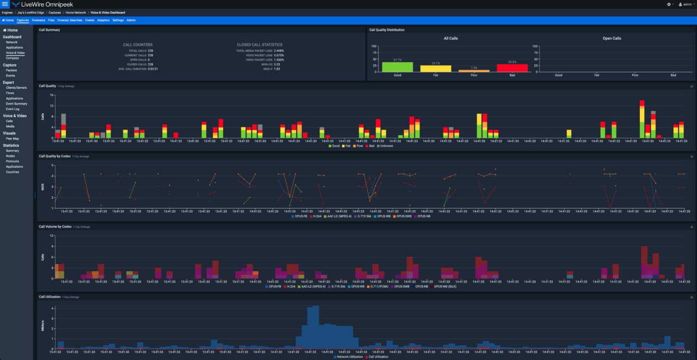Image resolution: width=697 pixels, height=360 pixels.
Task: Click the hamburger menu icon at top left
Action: pos(5,4)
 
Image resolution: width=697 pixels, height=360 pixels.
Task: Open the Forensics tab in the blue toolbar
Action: pos(39,20)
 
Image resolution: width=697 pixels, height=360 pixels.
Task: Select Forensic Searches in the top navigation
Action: pos(70,20)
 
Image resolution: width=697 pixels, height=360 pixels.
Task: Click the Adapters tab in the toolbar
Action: pos(103,20)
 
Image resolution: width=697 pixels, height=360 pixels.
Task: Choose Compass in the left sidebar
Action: pos(13,58)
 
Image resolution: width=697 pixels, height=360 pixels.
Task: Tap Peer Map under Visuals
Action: pos(13,138)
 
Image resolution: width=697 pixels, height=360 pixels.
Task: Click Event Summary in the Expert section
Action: pos(17,103)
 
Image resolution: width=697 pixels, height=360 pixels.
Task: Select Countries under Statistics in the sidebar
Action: pos(13,172)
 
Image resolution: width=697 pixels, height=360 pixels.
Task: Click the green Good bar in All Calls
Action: pos(398,67)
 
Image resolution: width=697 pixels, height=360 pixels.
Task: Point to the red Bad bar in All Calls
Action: pos(512,68)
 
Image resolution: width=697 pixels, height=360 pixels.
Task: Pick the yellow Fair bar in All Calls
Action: pos(436,69)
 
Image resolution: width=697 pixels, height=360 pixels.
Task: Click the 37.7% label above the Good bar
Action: pos(398,60)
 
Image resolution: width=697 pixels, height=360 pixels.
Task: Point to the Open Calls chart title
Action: pos(612,39)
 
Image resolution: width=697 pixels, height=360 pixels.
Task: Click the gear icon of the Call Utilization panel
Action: pos(692,297)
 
